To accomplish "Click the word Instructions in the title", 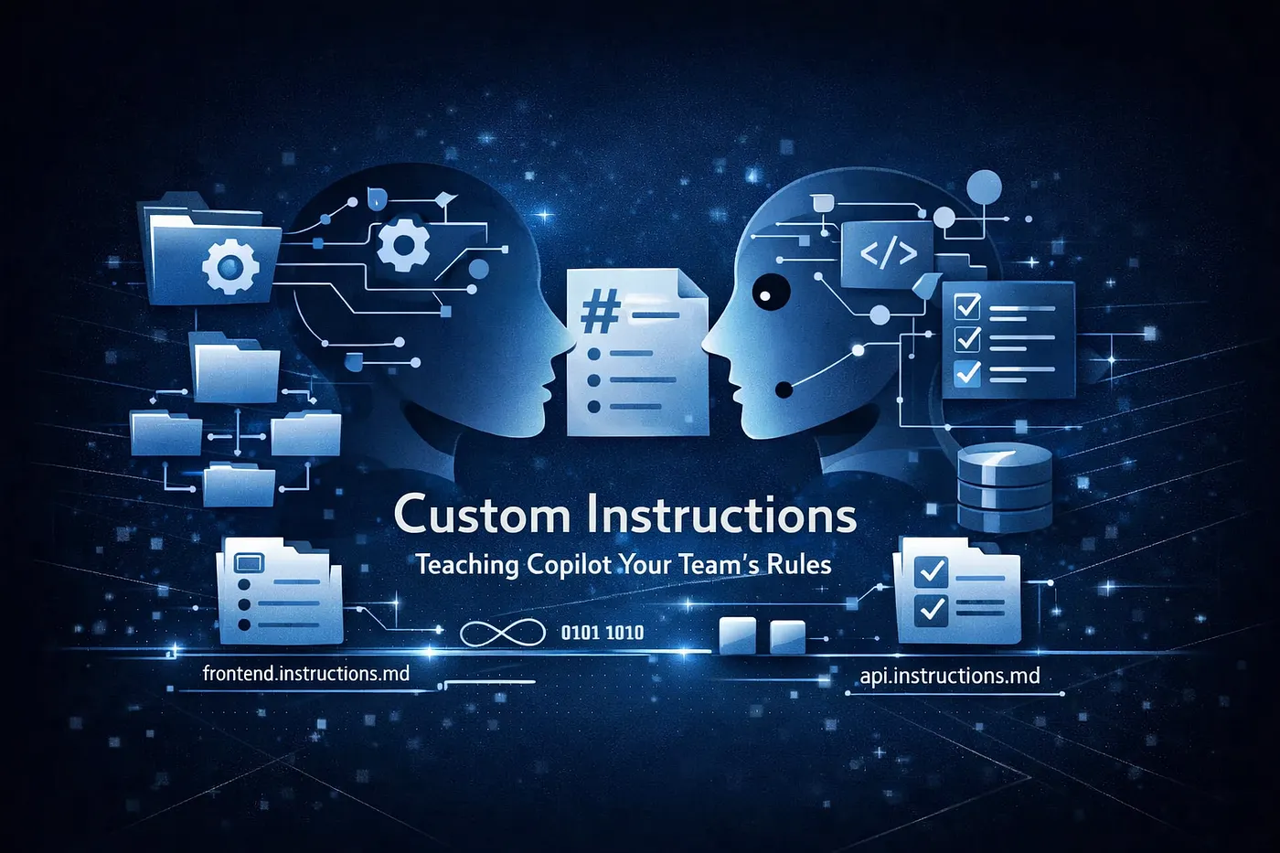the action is point(721,515).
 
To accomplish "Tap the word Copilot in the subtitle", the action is point(569,564).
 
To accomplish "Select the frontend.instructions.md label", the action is point(305,674).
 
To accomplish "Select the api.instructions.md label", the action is point(950,676).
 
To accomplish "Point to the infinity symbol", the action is point(502,633).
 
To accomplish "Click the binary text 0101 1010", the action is point(602,633).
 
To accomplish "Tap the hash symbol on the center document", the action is point(601,313).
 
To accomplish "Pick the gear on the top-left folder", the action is point(229,265).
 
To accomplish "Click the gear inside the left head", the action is point(403,243).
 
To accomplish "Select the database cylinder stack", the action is point(1004,488).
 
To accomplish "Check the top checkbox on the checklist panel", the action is point(966,305).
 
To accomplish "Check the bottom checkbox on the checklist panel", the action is point(966,372).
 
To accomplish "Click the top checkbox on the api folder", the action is point(931,571).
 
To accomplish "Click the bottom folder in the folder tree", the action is point(239,485).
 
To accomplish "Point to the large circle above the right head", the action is point(984,187).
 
